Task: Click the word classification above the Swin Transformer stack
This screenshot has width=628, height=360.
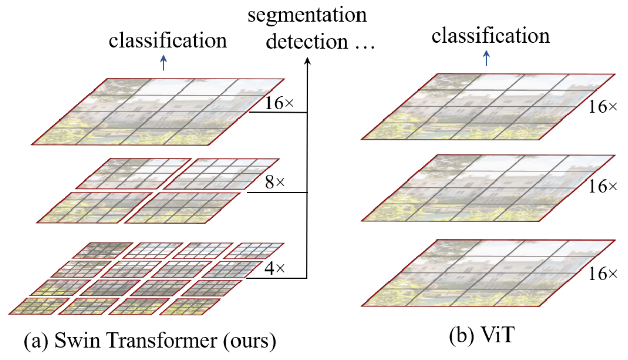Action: click(168, 41)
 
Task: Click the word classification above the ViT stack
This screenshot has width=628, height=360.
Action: click(490, 36)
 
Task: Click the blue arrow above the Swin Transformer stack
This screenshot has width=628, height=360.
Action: click(163, 63)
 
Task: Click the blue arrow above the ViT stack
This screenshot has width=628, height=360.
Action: click(486, 58)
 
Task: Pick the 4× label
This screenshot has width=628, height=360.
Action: click(275, 268)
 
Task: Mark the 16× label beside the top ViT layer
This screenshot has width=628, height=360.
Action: click(603, 107)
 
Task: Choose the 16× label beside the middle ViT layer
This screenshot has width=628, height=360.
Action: click(603, 187)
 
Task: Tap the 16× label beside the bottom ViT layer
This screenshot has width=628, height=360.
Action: click(603, 274)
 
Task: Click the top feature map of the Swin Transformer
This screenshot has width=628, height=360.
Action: click(158, 111)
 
